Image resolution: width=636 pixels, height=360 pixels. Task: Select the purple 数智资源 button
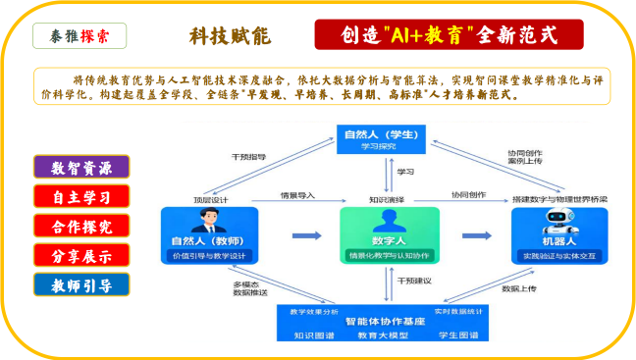pyautogui.click(x=82, y=167)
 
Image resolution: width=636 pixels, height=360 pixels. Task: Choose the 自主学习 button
pyautogui.click(x=82, y=196)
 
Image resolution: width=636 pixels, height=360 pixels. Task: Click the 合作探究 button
pyautogui.click(x=82, y=226)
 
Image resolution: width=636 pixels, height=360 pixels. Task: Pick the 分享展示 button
pyautogui.click(x=82, y=256)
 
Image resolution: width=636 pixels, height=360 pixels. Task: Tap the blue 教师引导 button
pyautogui.click(x=82, y=285)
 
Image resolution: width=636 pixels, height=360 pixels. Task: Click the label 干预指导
pyautogui.click(x=248, y=155)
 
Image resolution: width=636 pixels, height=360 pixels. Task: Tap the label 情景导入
pyautogui.click(x=297, y=195)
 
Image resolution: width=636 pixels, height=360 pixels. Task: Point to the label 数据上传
pyautogui.click(x=519, y=288)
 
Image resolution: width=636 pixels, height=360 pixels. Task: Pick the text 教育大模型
pyautogui.click(x=384, y=335)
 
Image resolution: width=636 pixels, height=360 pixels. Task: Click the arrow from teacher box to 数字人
pyautogui.click(x=306, y=235)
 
